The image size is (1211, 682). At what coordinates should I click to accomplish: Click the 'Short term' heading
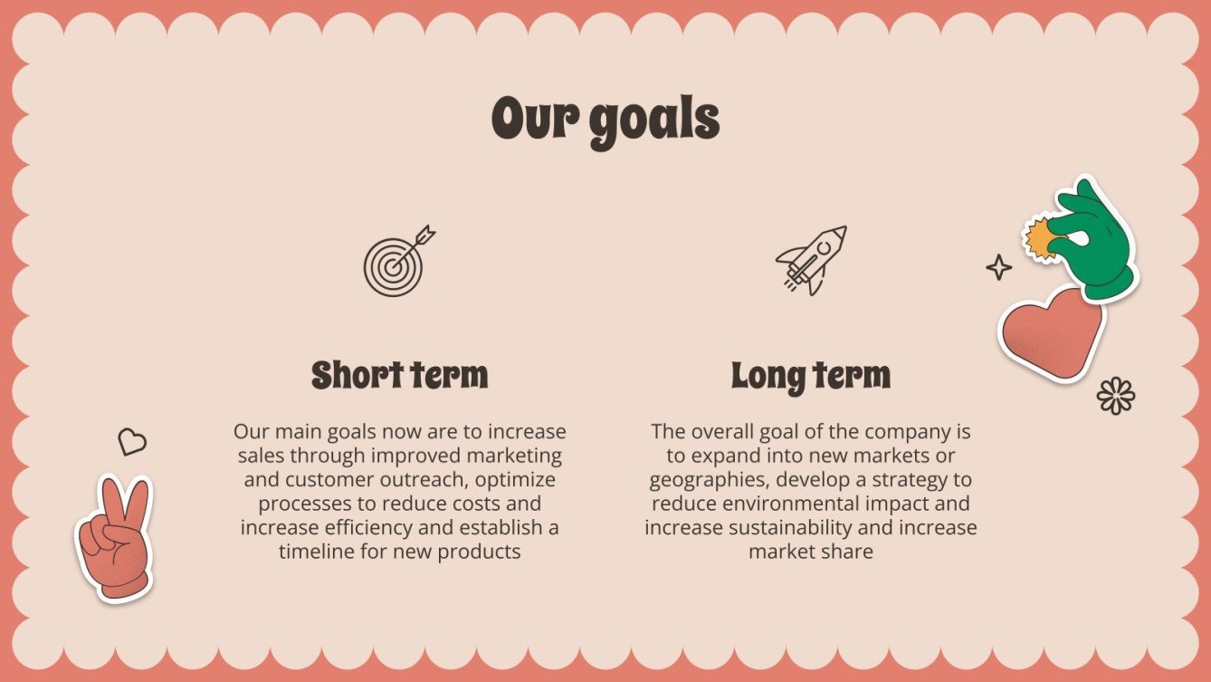399,375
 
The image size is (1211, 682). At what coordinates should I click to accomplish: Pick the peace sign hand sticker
114,538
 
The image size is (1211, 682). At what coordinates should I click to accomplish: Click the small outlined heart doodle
132,441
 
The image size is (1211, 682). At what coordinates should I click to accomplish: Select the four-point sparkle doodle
998,266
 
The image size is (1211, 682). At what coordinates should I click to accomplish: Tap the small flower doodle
1115,396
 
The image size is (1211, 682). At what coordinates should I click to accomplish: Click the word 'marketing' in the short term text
518,455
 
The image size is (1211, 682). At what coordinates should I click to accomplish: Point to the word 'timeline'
317,551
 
